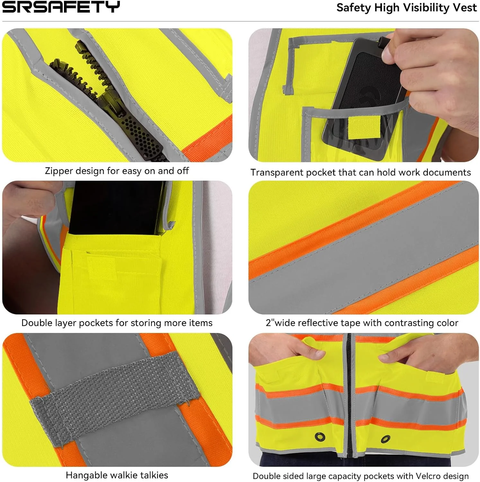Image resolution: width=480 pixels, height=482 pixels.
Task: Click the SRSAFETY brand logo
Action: click(x=61, y=7)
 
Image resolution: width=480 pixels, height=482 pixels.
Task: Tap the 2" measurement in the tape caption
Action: click(x=270, y=322)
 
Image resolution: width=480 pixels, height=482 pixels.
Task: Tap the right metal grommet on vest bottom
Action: click(x=386, y=439)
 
